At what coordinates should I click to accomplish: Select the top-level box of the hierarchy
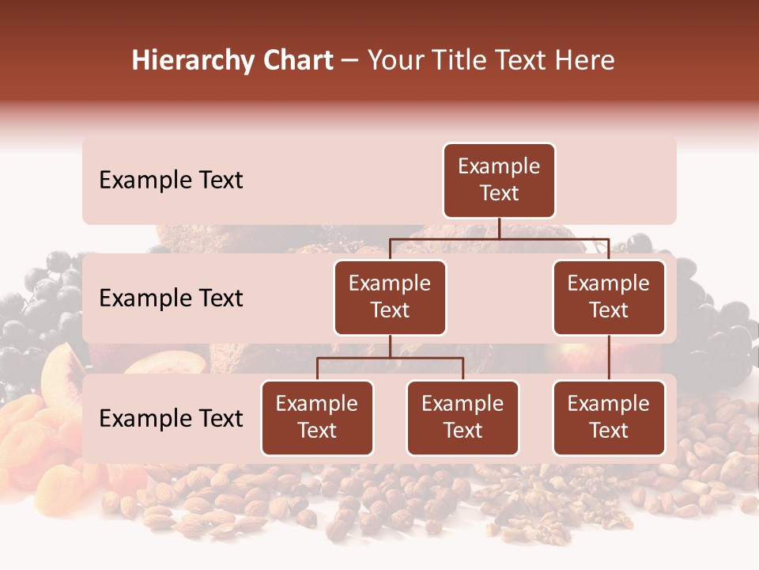click(499, 180)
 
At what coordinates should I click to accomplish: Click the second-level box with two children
click(390, 298)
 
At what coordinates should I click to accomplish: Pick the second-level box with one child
click(609, 298)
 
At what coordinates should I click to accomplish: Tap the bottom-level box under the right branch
click(609, 418)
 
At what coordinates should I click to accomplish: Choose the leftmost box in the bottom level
click(317, 418)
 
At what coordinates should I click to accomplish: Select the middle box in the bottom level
click(463, 418)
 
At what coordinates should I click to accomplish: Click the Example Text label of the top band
click(171, 180)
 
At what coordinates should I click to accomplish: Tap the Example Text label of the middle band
click(171, 298)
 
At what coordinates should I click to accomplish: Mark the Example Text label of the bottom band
click(171, 419)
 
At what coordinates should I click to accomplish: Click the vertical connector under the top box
click(499, 228)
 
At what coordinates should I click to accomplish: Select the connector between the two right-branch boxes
click(609, 358)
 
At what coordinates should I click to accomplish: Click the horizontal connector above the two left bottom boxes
click(390, 358)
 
